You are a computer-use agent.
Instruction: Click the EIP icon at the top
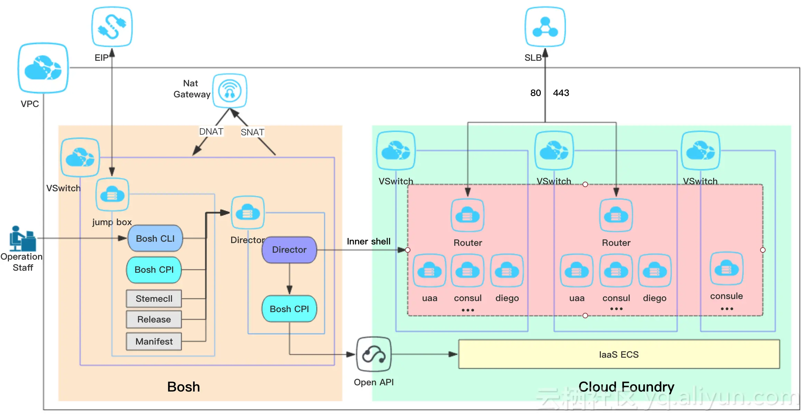tap(112, 27)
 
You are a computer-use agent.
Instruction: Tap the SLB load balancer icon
tap(545, 27)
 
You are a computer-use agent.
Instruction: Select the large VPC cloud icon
tap(43, 68)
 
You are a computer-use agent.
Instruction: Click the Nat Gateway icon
tap(229, 91)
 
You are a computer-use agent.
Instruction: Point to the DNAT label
tap(211, 132)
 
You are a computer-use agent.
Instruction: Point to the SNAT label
tap(253, 132)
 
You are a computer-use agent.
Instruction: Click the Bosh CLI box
tap(155, 238)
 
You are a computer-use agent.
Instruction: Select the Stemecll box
tap(154, 299)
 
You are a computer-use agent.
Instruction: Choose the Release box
tap(154, 319)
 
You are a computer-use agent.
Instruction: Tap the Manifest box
tap(154, 341)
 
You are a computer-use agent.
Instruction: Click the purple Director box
tap(289, 250)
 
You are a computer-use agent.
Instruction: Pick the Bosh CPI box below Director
tap(289, 309)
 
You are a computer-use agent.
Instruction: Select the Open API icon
tap(373, 354)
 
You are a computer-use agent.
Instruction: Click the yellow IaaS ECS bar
tap(618, 354)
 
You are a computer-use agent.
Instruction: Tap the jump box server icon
tap(112, 195)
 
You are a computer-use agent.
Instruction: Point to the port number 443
tap(561, 93)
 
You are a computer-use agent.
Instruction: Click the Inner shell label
tap(369, 241)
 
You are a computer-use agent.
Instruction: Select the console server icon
tap(726, 269)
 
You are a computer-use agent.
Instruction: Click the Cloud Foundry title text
tap(626, 387)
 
